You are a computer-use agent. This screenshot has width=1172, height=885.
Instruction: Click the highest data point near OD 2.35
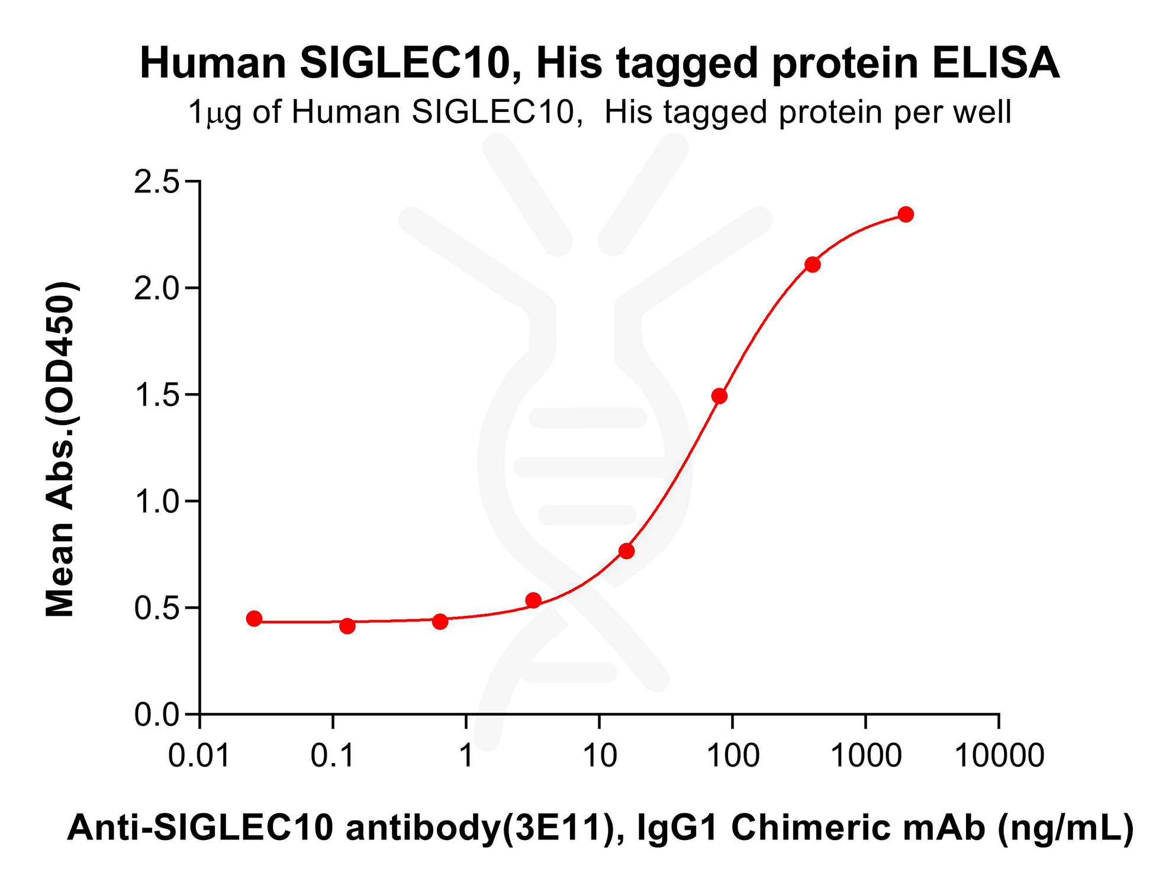tap(905, 214)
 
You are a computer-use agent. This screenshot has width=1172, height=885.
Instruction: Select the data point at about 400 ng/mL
tap(813, 265)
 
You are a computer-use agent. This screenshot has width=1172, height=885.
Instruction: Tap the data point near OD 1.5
tap(719, 396)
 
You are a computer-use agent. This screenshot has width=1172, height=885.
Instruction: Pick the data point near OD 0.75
tap(626, 551)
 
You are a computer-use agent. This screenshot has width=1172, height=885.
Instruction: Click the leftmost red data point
tap(254, 619)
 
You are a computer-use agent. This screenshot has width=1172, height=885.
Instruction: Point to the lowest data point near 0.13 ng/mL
tap(347, 626)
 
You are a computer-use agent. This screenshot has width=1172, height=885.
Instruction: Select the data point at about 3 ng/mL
tap(533, 600)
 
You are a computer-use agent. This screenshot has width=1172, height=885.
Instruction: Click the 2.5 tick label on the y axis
tap(156, 182)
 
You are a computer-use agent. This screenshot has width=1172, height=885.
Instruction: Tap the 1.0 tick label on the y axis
tap(156, 502)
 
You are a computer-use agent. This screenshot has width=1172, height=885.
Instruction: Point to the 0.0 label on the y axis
tap(156, 715)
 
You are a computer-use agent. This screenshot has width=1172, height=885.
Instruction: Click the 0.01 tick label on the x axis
tap(199, 756)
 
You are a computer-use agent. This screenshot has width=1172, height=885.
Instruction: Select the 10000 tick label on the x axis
tap(999, 756)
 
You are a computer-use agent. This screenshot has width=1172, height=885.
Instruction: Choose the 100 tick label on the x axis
tap(733, 756)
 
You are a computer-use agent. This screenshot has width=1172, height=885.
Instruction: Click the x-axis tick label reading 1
tap(466, 756)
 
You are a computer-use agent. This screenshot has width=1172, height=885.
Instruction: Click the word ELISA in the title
tap(996, 63)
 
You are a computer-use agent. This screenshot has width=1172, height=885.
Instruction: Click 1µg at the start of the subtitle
tap(214, 112)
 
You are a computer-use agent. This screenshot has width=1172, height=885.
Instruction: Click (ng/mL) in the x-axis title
tap(1065, 827)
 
